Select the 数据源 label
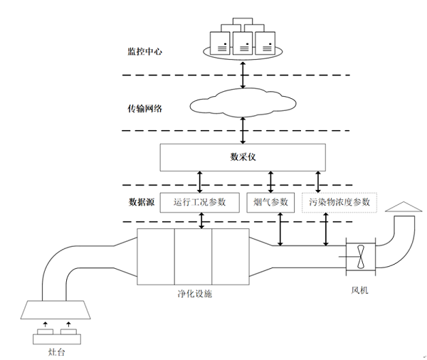click(x=142, y=202)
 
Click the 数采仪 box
click(x=244, y=157)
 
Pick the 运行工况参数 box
click(x=199, y=202)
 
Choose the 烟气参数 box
click(x=270, y=202)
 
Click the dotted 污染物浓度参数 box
click(x=340, y=202)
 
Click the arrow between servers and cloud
click(x=244, y=73)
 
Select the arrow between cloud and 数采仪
click(x=244, y=130)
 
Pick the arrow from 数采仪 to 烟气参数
click(x=270, y=181)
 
